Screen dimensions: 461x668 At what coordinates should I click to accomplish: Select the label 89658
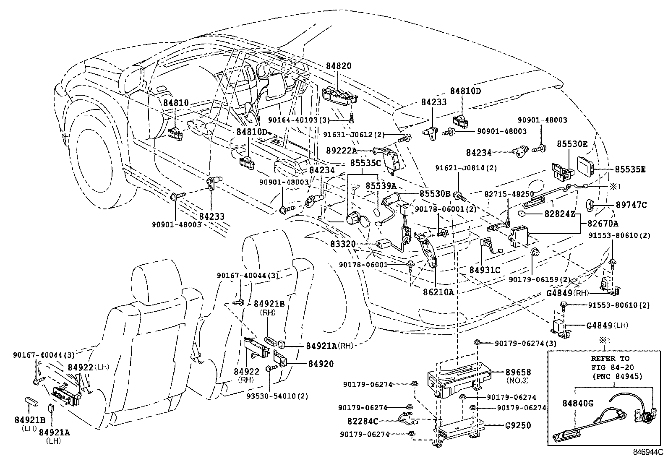coord(518,372)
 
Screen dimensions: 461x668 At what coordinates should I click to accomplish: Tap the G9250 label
coord(518,425)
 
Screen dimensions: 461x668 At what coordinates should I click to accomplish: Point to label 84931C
coord(485,270)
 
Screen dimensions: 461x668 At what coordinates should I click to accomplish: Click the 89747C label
coord(631,205)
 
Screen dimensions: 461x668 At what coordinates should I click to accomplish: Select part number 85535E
coord(630,169)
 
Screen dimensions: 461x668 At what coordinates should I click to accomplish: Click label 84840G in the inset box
coord(578,404)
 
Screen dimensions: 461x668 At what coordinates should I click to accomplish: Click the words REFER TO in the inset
coord(610,358)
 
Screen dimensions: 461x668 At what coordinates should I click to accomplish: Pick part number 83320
coord(342,244)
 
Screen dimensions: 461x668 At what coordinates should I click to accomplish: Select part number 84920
coord(321,364)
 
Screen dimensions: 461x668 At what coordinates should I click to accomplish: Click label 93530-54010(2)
coord(283,396)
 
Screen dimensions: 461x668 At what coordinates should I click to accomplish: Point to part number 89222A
coord(341,150)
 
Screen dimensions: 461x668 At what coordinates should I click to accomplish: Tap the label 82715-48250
coord(509,194)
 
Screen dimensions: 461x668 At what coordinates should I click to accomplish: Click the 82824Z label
coord(560,214)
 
